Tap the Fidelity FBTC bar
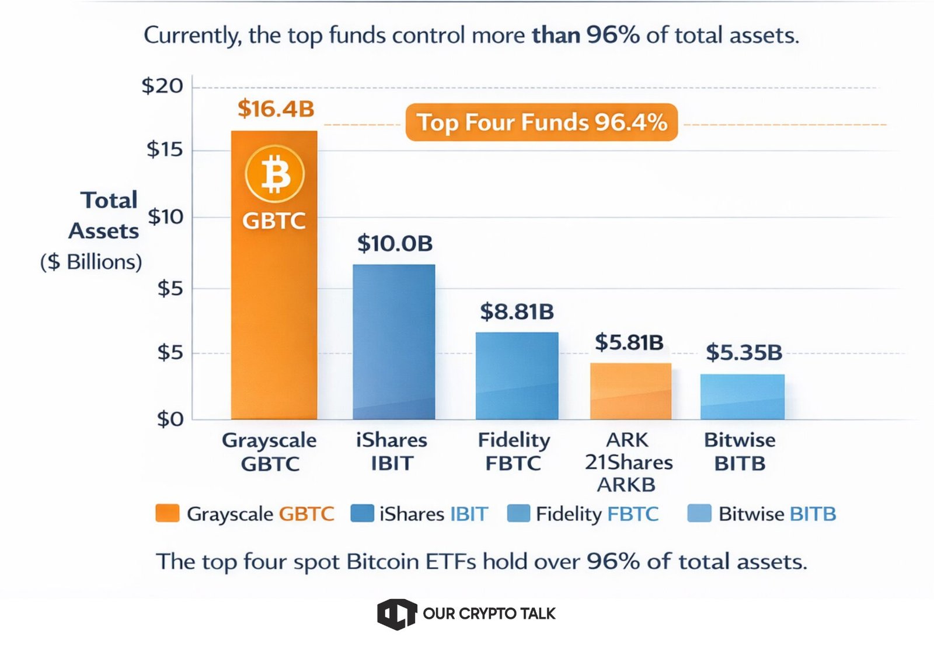517,376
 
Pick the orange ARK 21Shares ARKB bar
630,391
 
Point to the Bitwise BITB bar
742,397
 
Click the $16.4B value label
276,109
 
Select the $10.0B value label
395,243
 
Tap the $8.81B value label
517,311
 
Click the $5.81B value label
629,342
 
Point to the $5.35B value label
744,352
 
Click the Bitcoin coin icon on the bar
274,174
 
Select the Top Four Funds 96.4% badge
541,122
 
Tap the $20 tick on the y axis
162,86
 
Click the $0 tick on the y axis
170,419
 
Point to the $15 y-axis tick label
165,150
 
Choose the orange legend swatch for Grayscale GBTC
168,513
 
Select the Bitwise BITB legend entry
762,514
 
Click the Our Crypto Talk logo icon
396,614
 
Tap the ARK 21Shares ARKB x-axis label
628,462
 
